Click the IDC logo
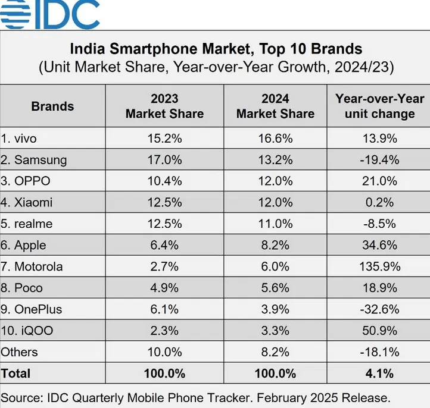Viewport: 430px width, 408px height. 50,14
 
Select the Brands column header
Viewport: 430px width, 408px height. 52,106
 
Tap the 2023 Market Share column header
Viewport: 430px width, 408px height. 164,106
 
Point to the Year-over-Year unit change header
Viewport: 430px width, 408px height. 379,106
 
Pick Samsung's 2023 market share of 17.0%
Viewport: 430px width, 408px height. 164,159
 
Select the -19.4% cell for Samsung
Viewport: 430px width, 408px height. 379,159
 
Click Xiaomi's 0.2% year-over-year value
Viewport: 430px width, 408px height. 379,202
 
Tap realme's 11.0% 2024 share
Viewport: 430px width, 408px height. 275,224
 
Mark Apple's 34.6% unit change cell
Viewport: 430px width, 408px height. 379,245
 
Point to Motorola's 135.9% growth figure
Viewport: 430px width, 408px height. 379,266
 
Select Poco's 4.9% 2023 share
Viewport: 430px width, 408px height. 164,288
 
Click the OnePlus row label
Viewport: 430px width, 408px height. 31,309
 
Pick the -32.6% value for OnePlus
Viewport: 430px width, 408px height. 379,309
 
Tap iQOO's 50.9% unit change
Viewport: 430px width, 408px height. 379,331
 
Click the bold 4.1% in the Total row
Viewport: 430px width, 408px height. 379,374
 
